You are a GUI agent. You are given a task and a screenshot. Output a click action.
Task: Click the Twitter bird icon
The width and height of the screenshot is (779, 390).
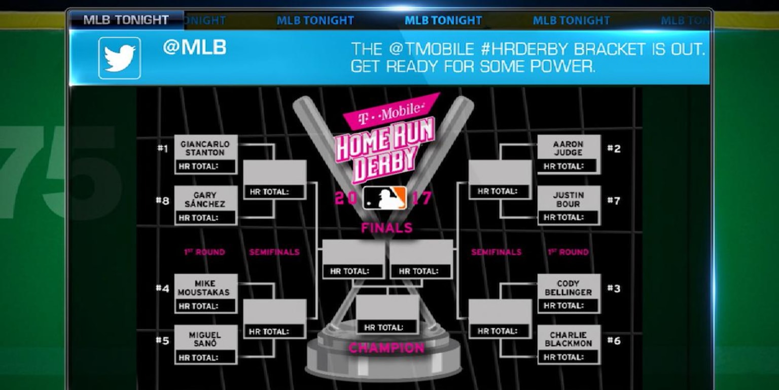coord(120,58)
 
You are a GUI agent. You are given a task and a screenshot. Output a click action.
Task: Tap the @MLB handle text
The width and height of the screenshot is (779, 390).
coord(194,48)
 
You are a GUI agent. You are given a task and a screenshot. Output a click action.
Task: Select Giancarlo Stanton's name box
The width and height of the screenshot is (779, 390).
coord(205,148)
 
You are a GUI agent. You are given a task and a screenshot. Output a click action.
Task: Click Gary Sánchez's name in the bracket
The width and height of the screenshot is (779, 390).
coord(205,200)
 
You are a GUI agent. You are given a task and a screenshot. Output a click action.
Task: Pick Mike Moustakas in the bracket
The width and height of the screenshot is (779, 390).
coord(205,288)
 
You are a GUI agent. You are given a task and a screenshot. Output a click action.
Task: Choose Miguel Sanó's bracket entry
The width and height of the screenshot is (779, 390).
coord(205,339)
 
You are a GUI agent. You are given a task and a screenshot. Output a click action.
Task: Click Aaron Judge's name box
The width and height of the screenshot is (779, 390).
coord(568,148)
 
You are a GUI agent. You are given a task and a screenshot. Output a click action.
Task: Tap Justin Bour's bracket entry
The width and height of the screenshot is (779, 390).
coord(568,200)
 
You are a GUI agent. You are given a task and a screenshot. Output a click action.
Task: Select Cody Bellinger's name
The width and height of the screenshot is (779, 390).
coord(568,288)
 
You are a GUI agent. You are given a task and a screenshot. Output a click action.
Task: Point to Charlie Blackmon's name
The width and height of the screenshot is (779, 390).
coord(568,339)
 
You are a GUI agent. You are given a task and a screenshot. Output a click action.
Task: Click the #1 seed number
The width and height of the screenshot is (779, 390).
coord(162,149)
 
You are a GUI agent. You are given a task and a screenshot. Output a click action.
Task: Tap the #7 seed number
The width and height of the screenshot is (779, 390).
coord(614,201)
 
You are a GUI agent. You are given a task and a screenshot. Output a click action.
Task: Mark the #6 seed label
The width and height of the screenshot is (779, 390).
coord(614,341)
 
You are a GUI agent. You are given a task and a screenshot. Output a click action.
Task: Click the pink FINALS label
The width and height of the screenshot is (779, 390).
coord(386,228)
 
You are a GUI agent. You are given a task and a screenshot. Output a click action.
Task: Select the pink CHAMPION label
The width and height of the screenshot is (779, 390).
coord(386,348)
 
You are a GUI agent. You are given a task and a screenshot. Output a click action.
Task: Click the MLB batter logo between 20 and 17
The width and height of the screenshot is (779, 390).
coord(385,198)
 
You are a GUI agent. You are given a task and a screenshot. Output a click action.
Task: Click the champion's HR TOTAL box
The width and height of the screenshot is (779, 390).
coord(387,327)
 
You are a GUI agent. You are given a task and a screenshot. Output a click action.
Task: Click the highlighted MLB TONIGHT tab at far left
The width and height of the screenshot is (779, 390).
coord(126,20)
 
